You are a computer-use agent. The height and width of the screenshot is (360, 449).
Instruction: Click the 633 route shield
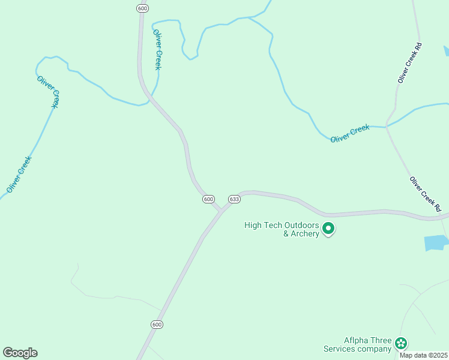pyautogui.click(x=234, y=199)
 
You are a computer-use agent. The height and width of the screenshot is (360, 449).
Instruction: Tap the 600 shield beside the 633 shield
pyautogui.click(x=208, y=199)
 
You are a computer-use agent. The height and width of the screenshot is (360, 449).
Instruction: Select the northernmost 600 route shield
pyautogui.click(x=142, y=8)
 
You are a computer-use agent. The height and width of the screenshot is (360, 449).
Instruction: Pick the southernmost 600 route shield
pyautogui.click(x=156, y=325)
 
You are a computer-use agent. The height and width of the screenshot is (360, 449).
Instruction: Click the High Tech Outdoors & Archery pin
pyautogui.click(x=328, y=229)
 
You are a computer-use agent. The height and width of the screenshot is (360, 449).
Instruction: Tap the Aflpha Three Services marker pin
pyautogui.click(x=401, y=344)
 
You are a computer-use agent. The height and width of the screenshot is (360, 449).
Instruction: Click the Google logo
pyautogui.click(x=20, y=353)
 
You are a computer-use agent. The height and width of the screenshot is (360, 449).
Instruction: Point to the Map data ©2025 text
pyautogui.click(x=423, y=355)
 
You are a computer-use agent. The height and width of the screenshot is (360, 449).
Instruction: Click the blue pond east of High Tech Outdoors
pyautogui.click(x=436, y=243)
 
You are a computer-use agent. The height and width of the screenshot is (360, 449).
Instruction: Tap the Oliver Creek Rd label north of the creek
pyautogui.click(x=411, y=62)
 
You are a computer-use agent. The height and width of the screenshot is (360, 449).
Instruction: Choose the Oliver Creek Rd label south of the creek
pyautogui.click(x=426, y=194)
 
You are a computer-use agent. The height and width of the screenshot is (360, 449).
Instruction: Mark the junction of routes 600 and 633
pyautogui.click(x=220, y=211)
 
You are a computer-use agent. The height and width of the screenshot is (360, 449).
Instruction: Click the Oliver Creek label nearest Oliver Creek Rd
pyautogui.click(x=350, y=133)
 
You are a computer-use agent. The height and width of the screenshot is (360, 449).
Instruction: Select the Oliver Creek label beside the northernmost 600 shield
pyautogui.click(x=157, y=49)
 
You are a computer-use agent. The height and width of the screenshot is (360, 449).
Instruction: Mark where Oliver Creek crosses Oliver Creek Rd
pyautogui.click(x=387, y=126)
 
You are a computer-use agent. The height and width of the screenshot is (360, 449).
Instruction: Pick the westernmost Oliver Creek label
pyautogui.click(x=19, y=174)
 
